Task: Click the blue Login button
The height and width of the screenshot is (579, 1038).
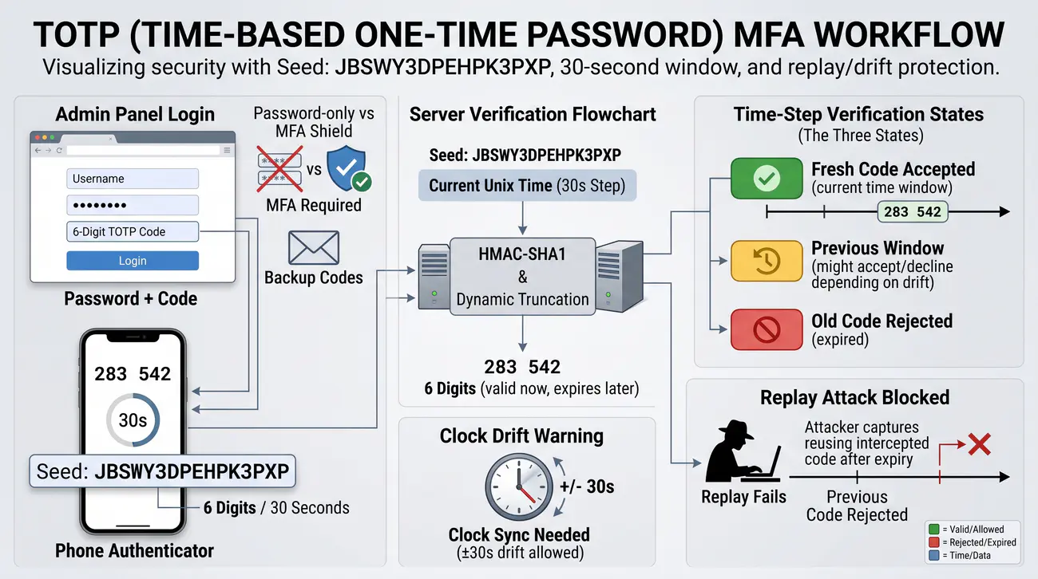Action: [x=133, y=261]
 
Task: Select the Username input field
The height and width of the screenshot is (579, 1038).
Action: [x=133, y=179]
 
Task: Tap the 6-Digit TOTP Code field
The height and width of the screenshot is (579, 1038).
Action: [x=133, y=231]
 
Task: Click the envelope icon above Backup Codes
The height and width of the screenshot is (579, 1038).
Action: [x=314, y=247]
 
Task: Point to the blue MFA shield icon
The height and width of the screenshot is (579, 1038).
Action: [x=347, y=167]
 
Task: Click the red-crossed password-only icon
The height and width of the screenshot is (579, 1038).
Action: [x=279, y=169]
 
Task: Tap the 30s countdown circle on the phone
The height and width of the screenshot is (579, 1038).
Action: [x=133, y=419]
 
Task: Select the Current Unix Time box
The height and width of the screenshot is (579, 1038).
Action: [x=527, y=186]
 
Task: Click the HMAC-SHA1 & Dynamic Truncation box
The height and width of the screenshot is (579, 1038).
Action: [x=523, y=277]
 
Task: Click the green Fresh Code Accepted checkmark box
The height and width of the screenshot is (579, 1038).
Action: [x=767, y=178]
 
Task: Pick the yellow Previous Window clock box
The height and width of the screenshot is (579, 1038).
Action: [x=767, y=261]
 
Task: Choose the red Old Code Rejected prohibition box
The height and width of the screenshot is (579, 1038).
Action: [x=767, y=329]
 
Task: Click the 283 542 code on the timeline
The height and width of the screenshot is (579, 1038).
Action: [x=913, y=212]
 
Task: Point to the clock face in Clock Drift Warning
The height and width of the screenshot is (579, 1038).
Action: [x=519, y=487]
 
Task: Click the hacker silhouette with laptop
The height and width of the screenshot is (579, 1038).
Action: [x=742, y=451]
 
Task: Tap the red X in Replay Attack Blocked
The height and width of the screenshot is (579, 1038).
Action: [x=979, y=444]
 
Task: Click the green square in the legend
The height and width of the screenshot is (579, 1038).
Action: [x=934, y=529]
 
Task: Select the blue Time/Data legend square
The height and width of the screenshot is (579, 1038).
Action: [x=934, y=555]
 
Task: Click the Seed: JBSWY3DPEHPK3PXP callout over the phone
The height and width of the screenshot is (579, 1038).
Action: [x=162, y=471]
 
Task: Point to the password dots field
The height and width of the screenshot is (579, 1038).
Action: [x=133, y=205]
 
